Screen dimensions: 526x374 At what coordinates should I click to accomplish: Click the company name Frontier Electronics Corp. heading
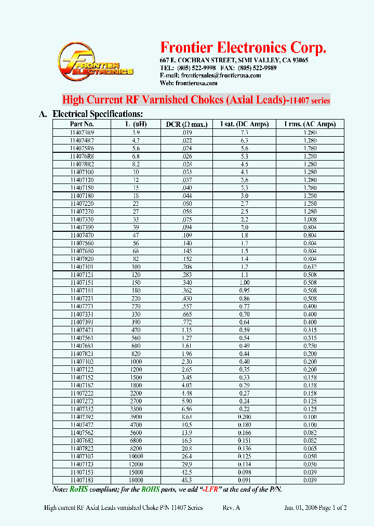point(243,48)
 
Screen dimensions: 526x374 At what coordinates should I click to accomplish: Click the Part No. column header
point(82,124)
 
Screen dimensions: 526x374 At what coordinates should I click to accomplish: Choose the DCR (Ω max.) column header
point(186,124)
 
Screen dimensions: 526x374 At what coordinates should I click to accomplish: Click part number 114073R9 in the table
point(82,133)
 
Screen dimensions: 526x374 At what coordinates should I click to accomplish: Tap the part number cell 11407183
point(82,480)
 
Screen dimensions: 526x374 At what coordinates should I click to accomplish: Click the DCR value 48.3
point(186,480)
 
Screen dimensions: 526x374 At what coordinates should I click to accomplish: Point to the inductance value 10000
point(136,456)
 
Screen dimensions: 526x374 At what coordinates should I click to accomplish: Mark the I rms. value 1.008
point(310,219)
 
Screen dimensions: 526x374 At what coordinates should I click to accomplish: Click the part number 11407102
point(82,362)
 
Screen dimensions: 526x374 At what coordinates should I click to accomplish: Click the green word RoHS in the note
point(78,490)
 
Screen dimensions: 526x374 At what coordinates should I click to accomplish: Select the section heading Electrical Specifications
point(98,114)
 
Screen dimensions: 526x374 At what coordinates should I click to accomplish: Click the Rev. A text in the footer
point(231,508)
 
